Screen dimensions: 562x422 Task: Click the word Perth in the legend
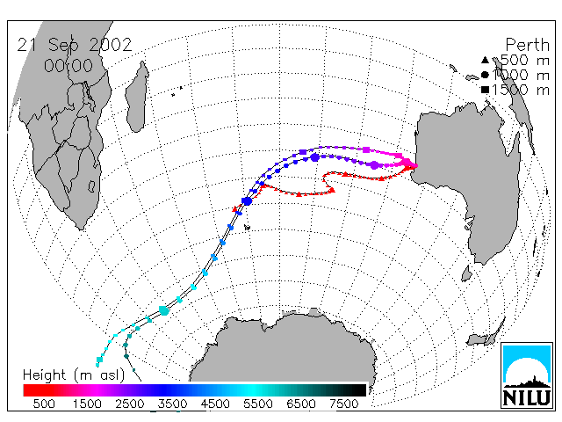click(527, 45)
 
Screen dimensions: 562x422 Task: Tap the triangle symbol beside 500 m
click(485, 60)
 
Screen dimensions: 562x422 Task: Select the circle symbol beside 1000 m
click(485, 75)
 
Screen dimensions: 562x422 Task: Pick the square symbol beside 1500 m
click(485, 90)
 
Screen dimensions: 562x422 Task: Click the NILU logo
click(527, 375)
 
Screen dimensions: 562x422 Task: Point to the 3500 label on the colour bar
click(172, 404)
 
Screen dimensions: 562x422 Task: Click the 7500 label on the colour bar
click(343, 404)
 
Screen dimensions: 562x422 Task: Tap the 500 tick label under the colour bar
click(44, 404)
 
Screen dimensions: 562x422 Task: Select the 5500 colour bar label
click(258, 404)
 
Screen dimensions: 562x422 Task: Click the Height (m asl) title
click(74, 375)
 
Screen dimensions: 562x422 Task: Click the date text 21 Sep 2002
click(75, 45)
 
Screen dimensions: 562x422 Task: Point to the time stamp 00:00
click(68, 66)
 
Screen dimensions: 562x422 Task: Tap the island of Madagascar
click(137, 96)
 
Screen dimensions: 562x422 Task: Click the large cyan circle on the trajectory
click(164, 310)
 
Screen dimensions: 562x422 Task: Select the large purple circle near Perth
click(374, 165)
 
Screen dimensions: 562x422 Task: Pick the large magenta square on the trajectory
click(366, 149)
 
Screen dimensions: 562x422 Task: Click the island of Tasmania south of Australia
click(466, 273)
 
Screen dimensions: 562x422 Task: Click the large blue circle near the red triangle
click(247, 201)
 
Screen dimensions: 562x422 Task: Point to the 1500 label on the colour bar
click(87, 404)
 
